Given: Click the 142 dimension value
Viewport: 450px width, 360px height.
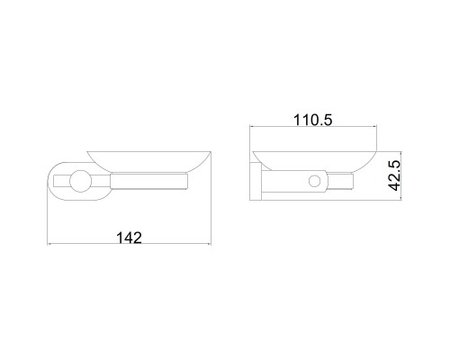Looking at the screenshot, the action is click(x=129, y=238).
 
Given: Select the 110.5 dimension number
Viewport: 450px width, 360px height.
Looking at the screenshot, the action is click(x=313, y=120).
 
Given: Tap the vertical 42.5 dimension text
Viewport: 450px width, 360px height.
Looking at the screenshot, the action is click(x=394, y=175).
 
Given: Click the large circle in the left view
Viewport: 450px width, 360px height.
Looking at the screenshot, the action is click(x=80, y=181).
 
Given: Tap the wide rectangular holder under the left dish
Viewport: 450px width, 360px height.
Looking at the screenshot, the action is click(x=149, y=182).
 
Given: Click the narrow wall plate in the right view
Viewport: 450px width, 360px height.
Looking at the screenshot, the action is click(x=256, y=182).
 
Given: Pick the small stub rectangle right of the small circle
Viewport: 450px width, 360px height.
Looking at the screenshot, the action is click(x=341, y=182).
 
